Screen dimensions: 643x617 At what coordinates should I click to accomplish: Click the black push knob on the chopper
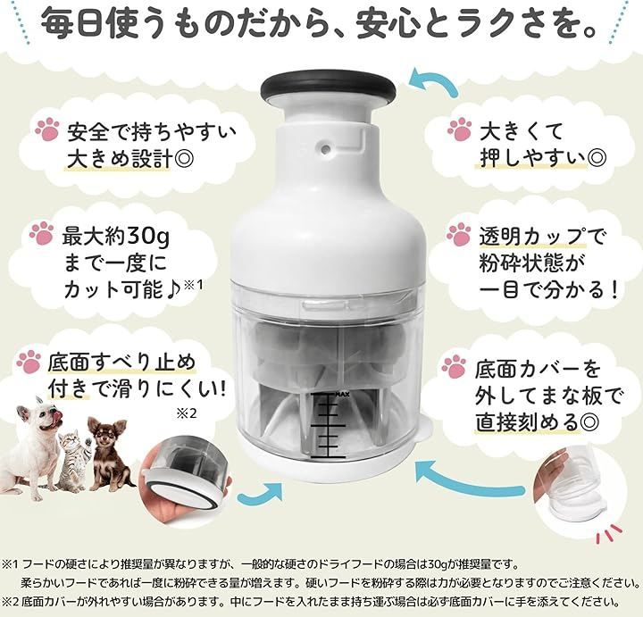coord(329,88)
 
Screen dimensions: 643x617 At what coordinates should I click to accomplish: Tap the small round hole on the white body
coord(326,148)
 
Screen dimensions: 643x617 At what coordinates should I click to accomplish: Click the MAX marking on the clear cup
coord(342,395)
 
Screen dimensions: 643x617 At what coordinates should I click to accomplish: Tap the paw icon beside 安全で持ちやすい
coord(47,129)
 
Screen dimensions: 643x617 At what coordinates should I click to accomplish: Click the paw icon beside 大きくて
coord(459,129)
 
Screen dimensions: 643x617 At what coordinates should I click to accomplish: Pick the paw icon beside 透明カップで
coord(458,235)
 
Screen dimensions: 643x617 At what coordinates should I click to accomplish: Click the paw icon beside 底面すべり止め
coord(29,362)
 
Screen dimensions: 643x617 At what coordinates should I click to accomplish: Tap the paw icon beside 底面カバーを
coord(455,367)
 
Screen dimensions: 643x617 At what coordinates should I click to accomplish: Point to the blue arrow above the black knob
coord(434,80)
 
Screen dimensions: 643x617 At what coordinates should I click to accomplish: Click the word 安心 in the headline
coord(382,24)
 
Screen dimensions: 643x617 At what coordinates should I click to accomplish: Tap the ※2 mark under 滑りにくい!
coord(187,413)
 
